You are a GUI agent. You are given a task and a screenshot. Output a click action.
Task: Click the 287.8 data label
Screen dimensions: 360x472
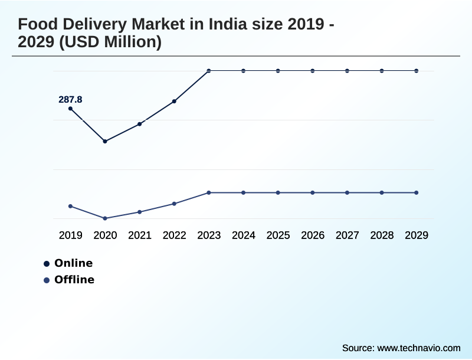pyautogui.click(x=70, y=100)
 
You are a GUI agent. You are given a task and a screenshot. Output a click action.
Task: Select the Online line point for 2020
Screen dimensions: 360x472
pyautogui.click(x=105, y=141)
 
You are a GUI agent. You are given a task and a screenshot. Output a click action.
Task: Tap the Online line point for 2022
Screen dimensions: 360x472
pyautogui.click(x=174, y=101)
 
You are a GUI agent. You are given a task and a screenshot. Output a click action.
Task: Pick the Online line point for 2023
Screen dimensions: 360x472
pyautogui.click(x=209, y=71)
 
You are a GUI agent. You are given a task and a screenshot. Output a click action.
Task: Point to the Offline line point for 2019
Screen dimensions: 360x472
pyautogui.click(x=70, y=206)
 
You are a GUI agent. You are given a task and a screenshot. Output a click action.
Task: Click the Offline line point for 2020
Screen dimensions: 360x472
pyautogui.click(x=105, y=218)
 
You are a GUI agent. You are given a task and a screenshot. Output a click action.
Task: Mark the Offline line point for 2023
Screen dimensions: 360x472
pyautogui.click(x=209, y=192)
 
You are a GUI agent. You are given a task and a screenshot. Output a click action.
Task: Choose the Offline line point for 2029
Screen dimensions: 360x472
pyautogui.click(x=417, y=192)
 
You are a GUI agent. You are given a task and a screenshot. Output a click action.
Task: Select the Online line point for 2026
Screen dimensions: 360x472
pyautogui.click(x=313, y=71)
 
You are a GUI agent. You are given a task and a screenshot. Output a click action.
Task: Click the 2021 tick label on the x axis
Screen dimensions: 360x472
pyautogui.click(x=140, y=235)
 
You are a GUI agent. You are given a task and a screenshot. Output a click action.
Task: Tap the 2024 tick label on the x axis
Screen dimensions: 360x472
pyautogui.click(x=244, y=235)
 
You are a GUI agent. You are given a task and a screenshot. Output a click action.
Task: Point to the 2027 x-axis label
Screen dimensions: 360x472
pyautogui.click(x=348, y=235)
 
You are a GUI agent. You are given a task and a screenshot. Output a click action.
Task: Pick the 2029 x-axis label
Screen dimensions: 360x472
pyautogui.click(x=417, y=235)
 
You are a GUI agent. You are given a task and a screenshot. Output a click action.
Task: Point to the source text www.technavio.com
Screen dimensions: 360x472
pyautogui.click(x=418, y=348)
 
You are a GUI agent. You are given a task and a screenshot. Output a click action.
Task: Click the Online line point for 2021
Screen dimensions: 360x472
pyautogui.click(x=140, y=124)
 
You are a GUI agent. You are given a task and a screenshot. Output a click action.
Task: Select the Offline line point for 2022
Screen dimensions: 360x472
pyautogui.click(x=174, y=204)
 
